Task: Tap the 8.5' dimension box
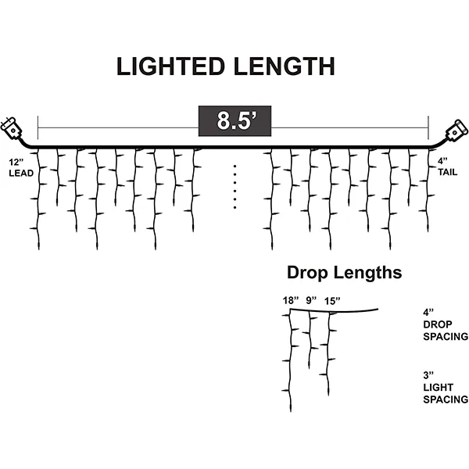coord(234,122)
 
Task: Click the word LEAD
coord(21,173)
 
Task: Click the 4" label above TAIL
coord(442,161)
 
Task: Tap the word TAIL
coord(447,172)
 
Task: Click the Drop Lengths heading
coord(344,273)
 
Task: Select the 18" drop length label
coord(292,300)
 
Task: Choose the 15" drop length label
coord(332,300)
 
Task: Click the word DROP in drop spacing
coord(437,324)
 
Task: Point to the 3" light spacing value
coord(427,375)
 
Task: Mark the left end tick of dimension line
coord(38,127)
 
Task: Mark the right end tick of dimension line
coord(429,127)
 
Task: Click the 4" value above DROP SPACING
coord(427,311)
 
